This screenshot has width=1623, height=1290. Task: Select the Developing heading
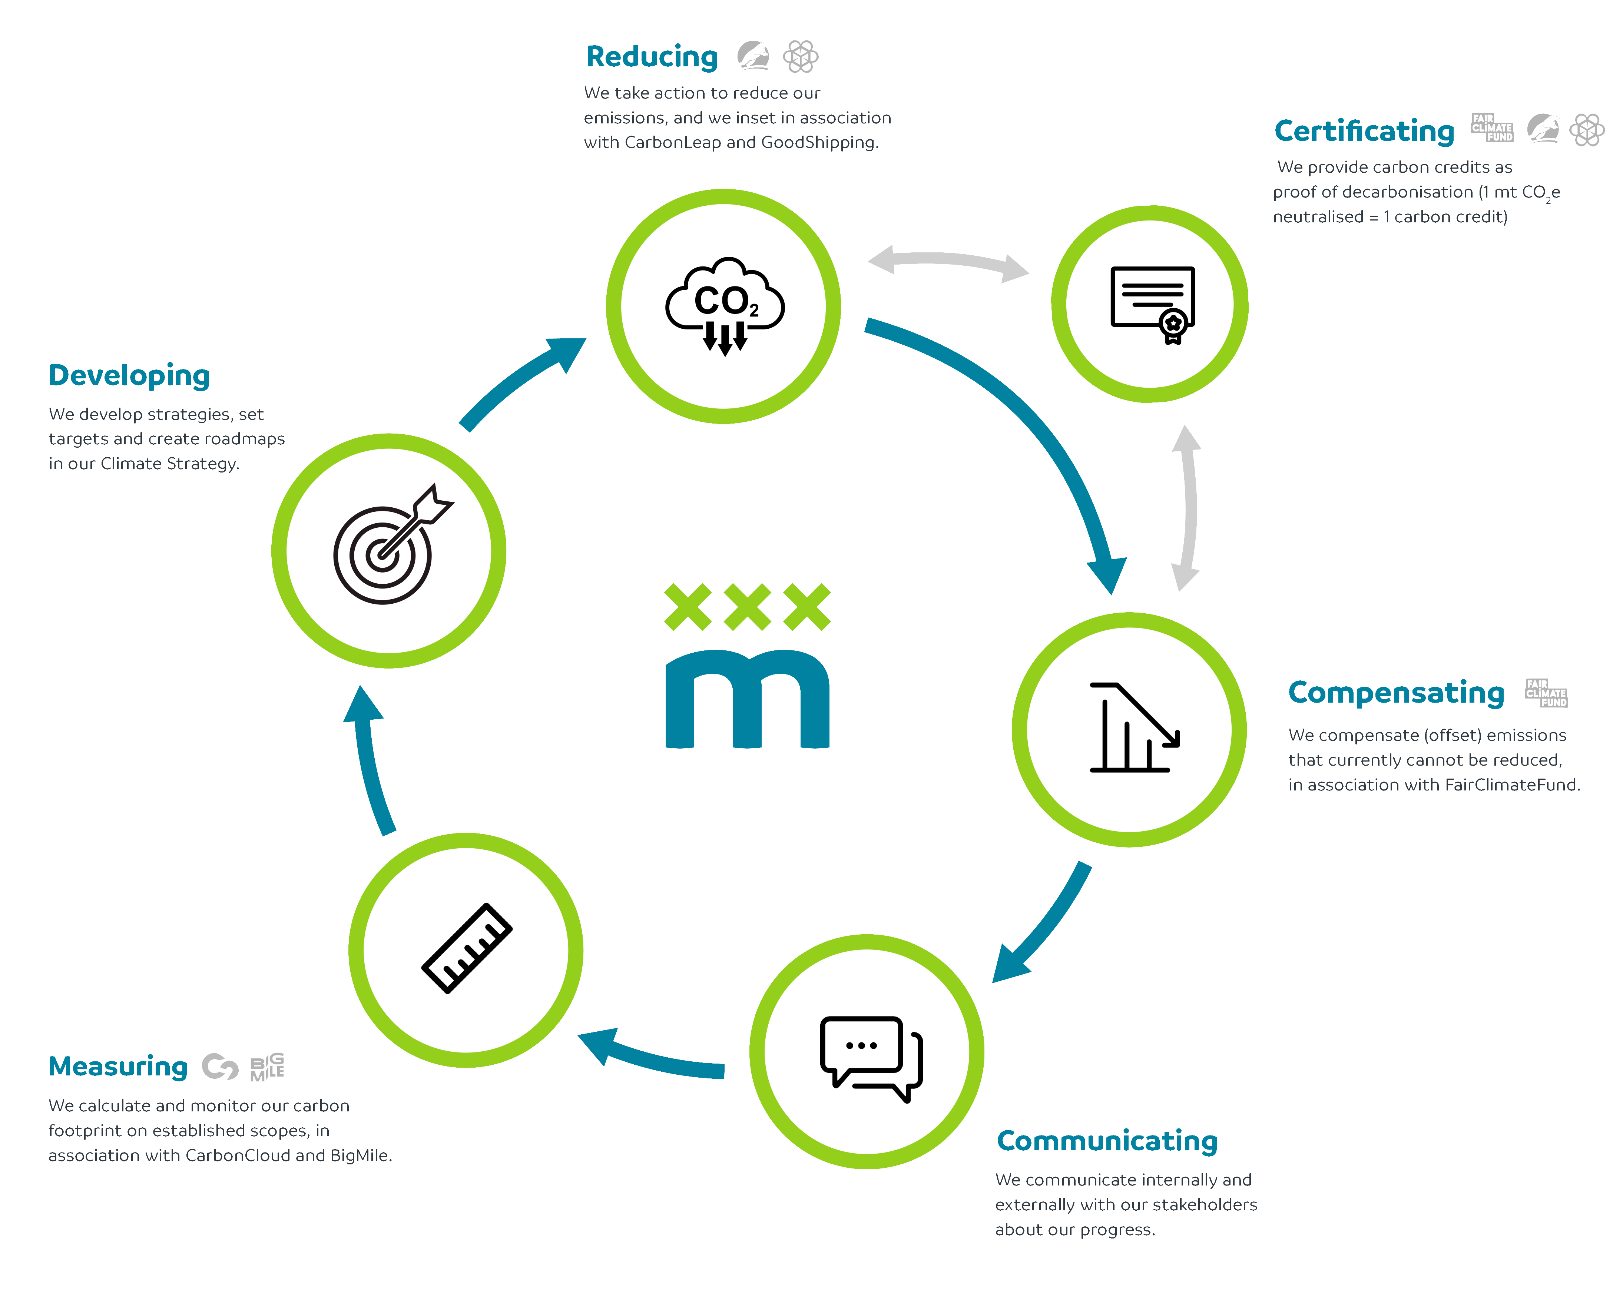coord(129,375)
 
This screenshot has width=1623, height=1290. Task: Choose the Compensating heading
coord(1395,692)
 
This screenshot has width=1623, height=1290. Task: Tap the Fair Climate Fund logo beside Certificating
coord(1492,128)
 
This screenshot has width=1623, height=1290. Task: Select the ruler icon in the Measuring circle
coord(467,948)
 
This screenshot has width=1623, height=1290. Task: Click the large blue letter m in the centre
coord(747,700)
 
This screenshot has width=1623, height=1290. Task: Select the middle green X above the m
coord(747,607)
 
